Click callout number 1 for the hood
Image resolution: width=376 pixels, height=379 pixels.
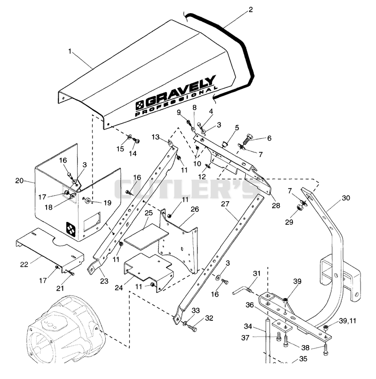[x=70, y=51]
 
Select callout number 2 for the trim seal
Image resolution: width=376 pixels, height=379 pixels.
[x=251, y=10]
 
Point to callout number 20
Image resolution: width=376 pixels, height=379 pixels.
[x=19, y=181]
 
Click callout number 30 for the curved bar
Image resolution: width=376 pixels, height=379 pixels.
[x=346, y=198]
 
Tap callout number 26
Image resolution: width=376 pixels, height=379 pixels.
[x=195, y=209]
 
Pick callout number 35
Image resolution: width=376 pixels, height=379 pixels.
[x=303, y=359]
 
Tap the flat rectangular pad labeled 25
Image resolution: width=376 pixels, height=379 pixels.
[x=146, y=237]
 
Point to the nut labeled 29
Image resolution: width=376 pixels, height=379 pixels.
[x=299, y=207]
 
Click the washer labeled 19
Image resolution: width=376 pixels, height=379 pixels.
[x=87, y=200]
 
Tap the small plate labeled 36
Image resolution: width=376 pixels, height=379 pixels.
[x=282, y=325]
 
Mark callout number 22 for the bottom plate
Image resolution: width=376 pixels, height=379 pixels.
[x=24, y=265]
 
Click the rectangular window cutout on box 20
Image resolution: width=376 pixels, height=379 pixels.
[x=92, y=222]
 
